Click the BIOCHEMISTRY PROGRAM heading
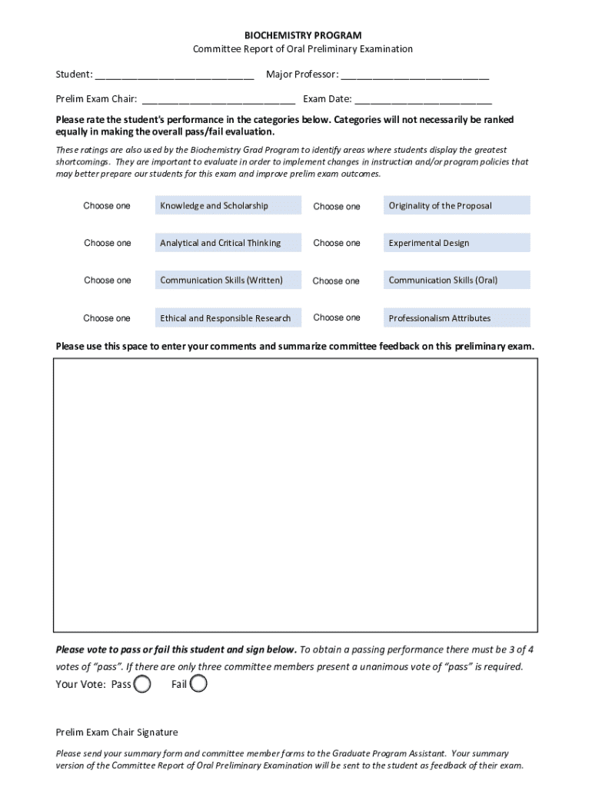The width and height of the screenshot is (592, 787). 302,35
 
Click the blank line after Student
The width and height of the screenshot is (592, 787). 175,75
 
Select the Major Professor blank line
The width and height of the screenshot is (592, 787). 415,75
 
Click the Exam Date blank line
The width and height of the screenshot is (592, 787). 423,99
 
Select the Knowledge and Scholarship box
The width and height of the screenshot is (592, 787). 228,206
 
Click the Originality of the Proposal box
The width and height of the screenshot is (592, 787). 457,206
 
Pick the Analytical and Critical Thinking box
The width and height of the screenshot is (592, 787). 228,243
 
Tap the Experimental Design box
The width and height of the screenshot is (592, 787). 457,243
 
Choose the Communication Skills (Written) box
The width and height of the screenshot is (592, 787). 228,281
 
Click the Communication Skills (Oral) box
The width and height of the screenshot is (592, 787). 457,281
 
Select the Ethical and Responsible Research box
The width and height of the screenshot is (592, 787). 228,318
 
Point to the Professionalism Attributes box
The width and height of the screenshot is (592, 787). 457,318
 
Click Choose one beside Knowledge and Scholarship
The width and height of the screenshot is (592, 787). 107,206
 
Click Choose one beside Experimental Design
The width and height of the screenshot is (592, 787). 337,243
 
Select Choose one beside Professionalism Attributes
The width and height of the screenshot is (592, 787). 337,317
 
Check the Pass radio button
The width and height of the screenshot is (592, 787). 142,684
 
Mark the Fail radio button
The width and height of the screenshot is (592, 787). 198,684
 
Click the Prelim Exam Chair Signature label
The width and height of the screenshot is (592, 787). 117,732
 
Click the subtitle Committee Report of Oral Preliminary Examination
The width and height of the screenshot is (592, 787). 302,49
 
